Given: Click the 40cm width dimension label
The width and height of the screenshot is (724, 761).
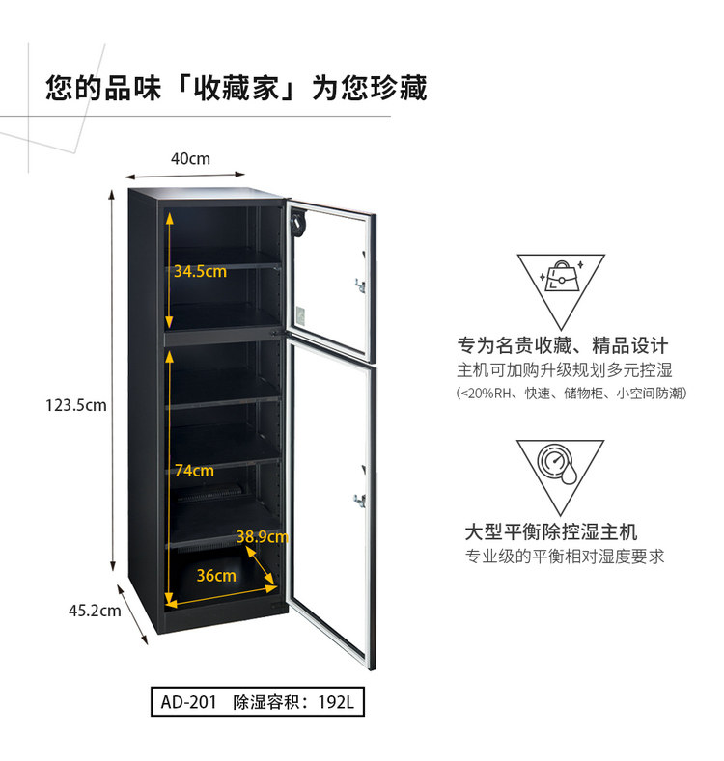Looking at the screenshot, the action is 190,159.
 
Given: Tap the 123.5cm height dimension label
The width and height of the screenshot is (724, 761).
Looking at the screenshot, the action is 76,405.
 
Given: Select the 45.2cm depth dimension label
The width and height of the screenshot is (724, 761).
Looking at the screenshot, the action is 95,611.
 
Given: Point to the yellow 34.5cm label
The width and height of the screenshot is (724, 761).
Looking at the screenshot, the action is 200,271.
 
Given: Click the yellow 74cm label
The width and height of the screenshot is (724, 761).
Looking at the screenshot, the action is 194,470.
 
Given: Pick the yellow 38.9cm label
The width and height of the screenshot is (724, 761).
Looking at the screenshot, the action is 262,536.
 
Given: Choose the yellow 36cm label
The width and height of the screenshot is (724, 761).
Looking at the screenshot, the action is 216,575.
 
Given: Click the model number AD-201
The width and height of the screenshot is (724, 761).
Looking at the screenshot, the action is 188,702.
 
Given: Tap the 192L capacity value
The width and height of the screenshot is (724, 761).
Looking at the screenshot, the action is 336,702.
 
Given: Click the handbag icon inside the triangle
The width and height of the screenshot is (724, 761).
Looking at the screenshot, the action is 561,277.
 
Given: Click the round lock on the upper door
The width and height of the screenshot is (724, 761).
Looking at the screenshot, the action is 297,223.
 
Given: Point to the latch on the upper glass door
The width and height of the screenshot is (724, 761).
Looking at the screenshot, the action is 360,285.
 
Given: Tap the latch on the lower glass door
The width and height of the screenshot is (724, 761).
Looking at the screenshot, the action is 360,500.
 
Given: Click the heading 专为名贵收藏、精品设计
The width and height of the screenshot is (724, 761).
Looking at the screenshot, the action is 563,345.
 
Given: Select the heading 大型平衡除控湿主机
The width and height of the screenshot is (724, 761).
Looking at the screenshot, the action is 551,531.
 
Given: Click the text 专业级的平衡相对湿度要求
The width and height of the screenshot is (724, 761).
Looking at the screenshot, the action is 565,557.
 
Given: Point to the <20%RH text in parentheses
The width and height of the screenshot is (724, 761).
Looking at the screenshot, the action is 486,393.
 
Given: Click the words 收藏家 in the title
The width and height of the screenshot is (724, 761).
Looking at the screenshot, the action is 237,89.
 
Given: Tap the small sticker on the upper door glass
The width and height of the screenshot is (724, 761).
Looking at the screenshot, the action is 301,315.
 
